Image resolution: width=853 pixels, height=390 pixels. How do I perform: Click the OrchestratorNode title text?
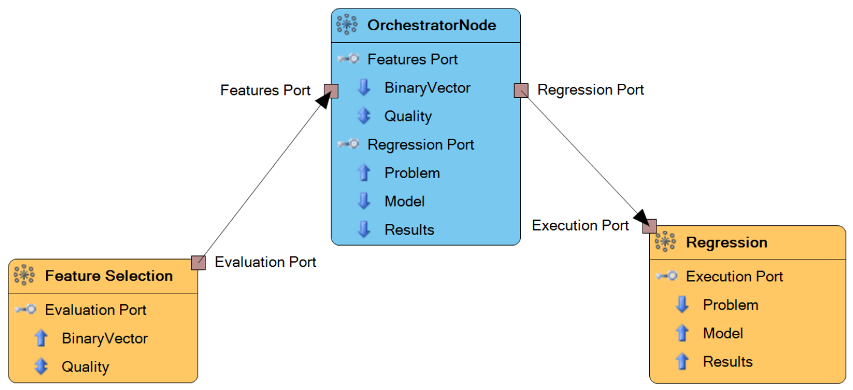pos(432,25)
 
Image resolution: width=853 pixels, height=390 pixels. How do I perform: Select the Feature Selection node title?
pos(109,276)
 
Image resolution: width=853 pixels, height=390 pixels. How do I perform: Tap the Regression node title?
pos(726,243)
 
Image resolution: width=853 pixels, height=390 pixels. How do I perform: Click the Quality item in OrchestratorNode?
pos(408,117)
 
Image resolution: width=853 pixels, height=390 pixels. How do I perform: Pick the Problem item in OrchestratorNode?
pos(412,173)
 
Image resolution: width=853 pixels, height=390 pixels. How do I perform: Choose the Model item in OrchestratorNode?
pos(404,201)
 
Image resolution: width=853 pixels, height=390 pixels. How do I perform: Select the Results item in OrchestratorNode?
pos(409,230)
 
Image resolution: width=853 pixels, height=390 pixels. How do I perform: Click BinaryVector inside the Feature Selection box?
pos(105,339)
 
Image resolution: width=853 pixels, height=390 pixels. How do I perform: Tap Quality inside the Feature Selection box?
pos(86,366)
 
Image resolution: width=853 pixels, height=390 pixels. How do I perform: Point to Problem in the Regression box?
pos(731,305)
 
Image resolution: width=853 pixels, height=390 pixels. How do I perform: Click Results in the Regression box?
pos(728,362)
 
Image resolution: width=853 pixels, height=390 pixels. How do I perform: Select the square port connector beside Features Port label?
pos(331,91)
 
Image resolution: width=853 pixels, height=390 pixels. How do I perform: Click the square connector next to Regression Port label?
pos(521,91)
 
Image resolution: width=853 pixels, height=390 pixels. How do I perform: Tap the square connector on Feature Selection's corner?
pos(198,263)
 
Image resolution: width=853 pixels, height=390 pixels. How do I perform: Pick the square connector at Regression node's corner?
pos(649,226)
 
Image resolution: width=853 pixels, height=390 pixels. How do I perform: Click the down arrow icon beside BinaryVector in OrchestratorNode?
pos(364,88)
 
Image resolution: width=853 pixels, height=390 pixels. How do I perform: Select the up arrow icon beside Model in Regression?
pos(682,333)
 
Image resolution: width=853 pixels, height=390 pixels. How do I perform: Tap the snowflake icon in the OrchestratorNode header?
pos(347,25)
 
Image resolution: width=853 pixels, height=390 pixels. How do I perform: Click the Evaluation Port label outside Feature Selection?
pos(265,262)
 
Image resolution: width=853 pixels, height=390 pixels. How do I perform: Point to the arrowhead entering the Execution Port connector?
pos(642,218)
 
